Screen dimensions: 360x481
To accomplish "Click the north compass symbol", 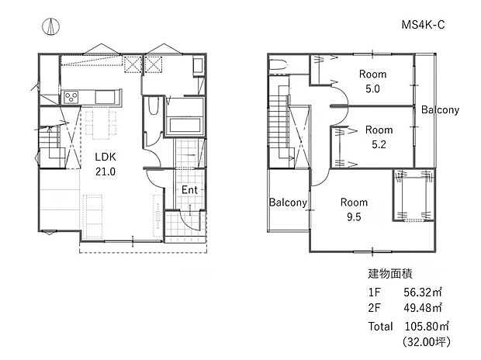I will click(50, 26).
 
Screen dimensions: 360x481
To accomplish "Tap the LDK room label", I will click(105, 156).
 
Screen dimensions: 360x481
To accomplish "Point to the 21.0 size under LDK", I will click(105, 171).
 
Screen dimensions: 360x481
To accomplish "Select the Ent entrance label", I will click(189, 190).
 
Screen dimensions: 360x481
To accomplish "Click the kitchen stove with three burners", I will click(70, 97).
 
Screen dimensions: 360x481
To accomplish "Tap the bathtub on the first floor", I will click(184, 125).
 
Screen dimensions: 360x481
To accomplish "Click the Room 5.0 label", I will click(373, 81).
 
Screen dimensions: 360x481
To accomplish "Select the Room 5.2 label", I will click(379, 137).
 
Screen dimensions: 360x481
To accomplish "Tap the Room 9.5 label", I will click(354, 209).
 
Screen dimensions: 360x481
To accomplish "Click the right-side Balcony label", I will click(440, 110).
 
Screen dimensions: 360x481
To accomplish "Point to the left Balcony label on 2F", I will click(289, 203).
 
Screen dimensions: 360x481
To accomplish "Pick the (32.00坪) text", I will click(426, 341).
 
